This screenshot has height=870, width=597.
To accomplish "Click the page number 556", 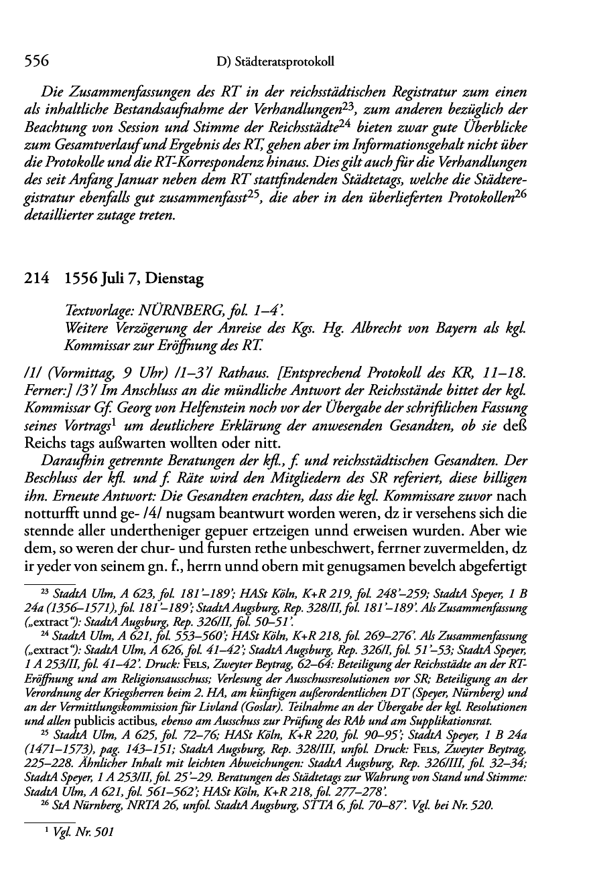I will point(37,62).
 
